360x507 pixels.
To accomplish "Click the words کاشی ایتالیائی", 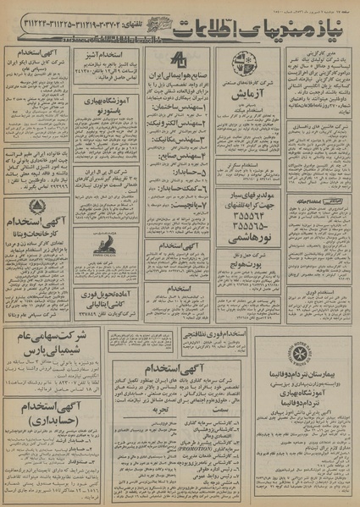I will pyautogui.click(x=108, y=302).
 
